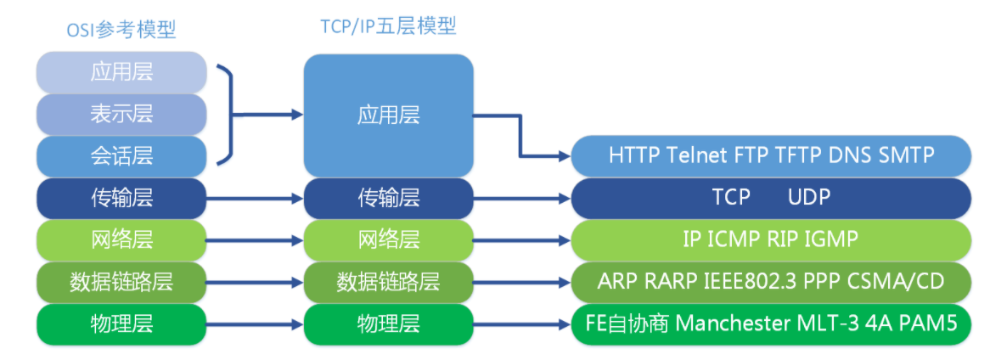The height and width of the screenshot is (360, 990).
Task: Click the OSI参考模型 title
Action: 121,29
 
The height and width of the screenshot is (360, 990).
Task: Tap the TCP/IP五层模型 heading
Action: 388,26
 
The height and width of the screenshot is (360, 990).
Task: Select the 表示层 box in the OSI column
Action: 121,114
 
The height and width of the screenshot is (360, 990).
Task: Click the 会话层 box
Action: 121,155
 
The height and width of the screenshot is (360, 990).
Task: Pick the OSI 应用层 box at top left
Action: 121,72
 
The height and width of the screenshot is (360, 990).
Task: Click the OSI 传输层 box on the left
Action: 121,197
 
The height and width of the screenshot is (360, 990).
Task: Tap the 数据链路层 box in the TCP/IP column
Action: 388,281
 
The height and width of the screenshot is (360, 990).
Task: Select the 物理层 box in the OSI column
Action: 121,323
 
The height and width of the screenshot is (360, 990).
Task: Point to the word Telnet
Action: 698,155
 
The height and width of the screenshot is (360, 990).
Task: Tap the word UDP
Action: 808,197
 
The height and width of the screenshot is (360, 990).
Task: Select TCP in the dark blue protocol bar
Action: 731,197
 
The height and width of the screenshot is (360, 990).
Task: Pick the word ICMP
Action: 734,239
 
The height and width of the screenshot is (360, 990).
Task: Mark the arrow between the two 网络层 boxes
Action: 255,239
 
